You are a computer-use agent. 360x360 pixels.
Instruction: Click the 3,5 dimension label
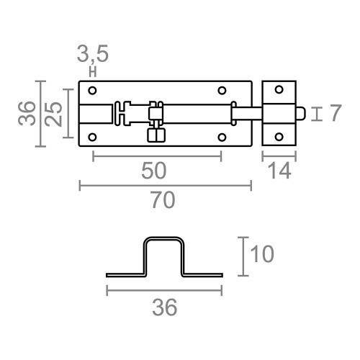click(93, 54)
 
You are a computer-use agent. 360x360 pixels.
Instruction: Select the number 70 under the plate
click(163, 201)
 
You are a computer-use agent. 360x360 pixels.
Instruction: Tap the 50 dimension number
click(155, 170)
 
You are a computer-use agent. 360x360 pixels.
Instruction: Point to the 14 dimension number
click(280, 170)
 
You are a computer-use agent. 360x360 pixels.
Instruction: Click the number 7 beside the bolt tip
click(333, 114)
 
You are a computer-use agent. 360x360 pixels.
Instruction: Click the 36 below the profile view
click(164, 307)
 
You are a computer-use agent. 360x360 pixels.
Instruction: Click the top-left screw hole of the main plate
click(92, 91)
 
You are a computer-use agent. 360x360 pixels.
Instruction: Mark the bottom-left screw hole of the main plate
click(92, 136)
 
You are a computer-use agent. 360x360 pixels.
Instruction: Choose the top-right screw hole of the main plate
click(222, 91)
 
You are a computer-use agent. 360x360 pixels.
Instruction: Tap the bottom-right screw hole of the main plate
click(222, 136)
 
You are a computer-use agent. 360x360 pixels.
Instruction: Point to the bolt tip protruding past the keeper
click(303, 113)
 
